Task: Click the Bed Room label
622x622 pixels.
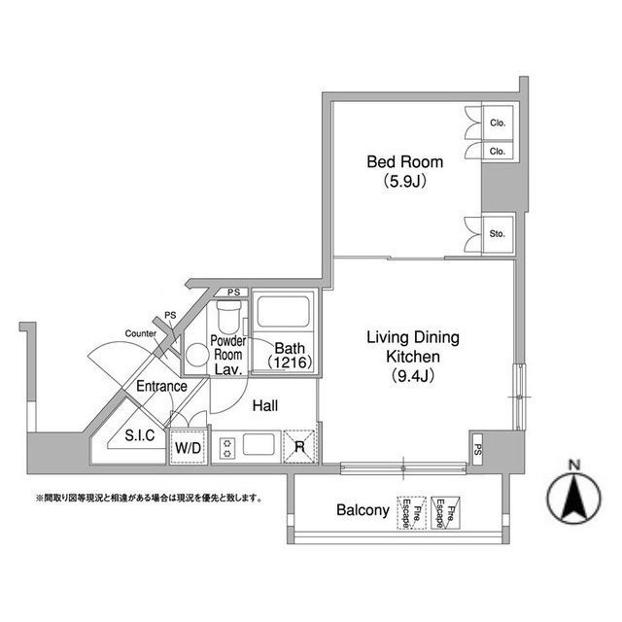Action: click(x=404, y=162)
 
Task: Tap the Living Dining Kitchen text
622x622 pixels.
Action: click(x=413, y=347)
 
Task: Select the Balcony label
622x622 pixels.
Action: click(x=363, y=509)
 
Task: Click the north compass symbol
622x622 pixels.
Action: click(x=574, y=497)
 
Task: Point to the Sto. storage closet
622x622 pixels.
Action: click(x=498, y=233)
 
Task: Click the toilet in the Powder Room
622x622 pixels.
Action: click(x=229, y=317)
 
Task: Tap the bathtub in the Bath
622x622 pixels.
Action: click(x=283, y=311)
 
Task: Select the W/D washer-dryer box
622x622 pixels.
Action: click(x=189, y=446)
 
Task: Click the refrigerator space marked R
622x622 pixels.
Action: click(x=299, y=447)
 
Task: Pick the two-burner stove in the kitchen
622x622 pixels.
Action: click(x=227, y=448)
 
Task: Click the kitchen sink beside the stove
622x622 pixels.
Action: click(x=259, y=445)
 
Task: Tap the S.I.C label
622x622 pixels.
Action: click(x=140, y=435)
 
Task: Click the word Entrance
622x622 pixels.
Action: click(x=161, y=386)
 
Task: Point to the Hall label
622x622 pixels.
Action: click(x=265, y=405)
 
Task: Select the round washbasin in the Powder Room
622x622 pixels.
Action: click(x=197, y=355)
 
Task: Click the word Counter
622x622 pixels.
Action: click(x=140, y=333)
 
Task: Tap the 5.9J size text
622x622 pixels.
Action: click(x=404, y=182)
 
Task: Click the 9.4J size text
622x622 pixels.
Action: click(x=412, y=375)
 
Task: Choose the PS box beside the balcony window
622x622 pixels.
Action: click(x=477, y=449)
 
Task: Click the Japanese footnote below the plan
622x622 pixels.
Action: click(x=150, y=498)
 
